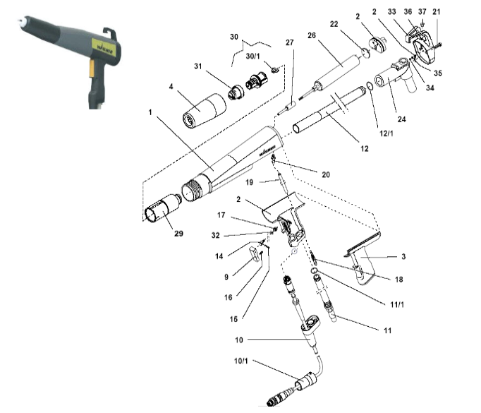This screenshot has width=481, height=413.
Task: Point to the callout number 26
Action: point(311,35)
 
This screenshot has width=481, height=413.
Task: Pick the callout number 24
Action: point(401,119)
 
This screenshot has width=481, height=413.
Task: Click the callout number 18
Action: point(399,280)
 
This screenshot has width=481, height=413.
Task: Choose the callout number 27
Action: point(288,42)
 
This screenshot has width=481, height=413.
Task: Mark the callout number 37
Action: point(422,12)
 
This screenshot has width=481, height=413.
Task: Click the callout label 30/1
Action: point(251,55)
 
